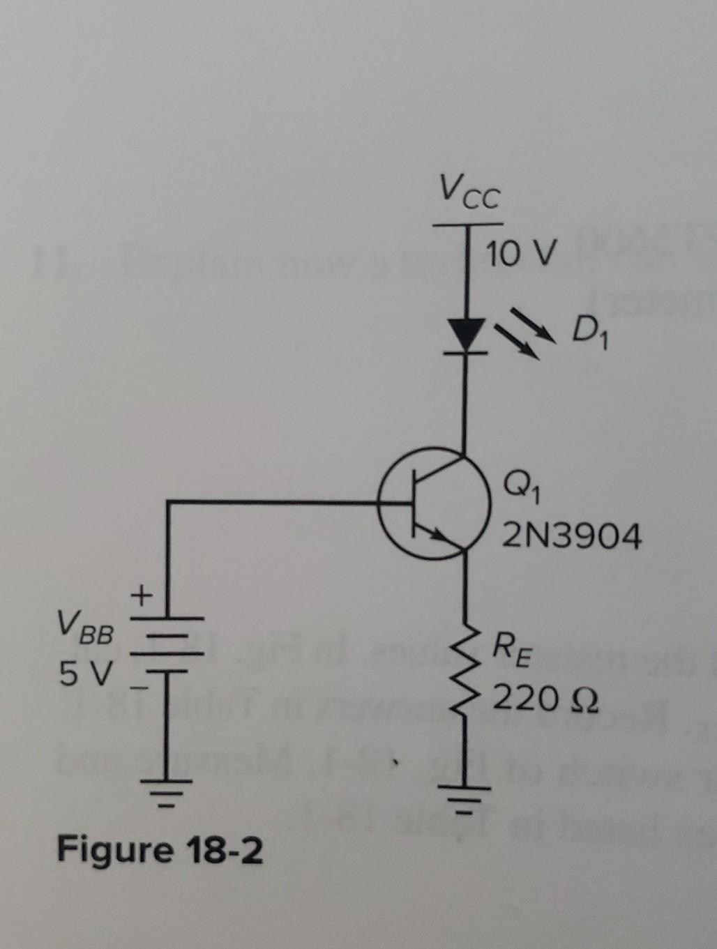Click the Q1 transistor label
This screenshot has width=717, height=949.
pos(520,481)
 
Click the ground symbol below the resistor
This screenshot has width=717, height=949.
pos(465,795)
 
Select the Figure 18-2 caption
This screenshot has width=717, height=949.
pos(160,850)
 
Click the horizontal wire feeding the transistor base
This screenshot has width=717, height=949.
pos(279,501)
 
